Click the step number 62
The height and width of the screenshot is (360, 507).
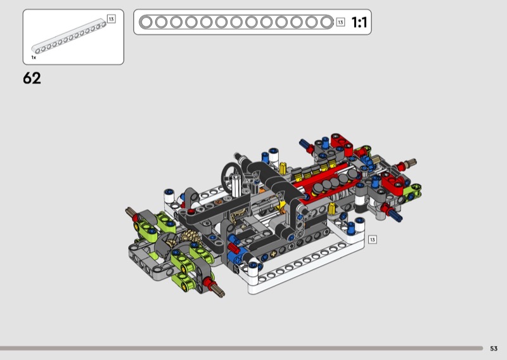pyautogui.click(x=32, y=79)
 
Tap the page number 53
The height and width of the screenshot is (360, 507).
pyautogui.click(x=494, y=349)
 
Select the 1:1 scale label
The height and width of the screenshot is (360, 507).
pyautogui.click(x=359, y=22)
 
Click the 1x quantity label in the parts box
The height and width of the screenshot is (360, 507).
pyautogui.click(x=34, y=58)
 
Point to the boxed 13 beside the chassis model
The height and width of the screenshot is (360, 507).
pyautogui.click(x=373, y=240)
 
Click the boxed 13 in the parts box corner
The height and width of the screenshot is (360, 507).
pyautogui.click(x=112, y=19)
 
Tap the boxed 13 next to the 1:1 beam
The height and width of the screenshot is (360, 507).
pyautogui.click(x=340, y=22)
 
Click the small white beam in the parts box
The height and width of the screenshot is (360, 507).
pyautogui.click(x=68, y=36)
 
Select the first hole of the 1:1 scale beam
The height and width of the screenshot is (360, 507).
pyautogui.click(x=146, y=22)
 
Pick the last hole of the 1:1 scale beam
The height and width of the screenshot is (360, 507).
pyautogui.click(x=326, y=22)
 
